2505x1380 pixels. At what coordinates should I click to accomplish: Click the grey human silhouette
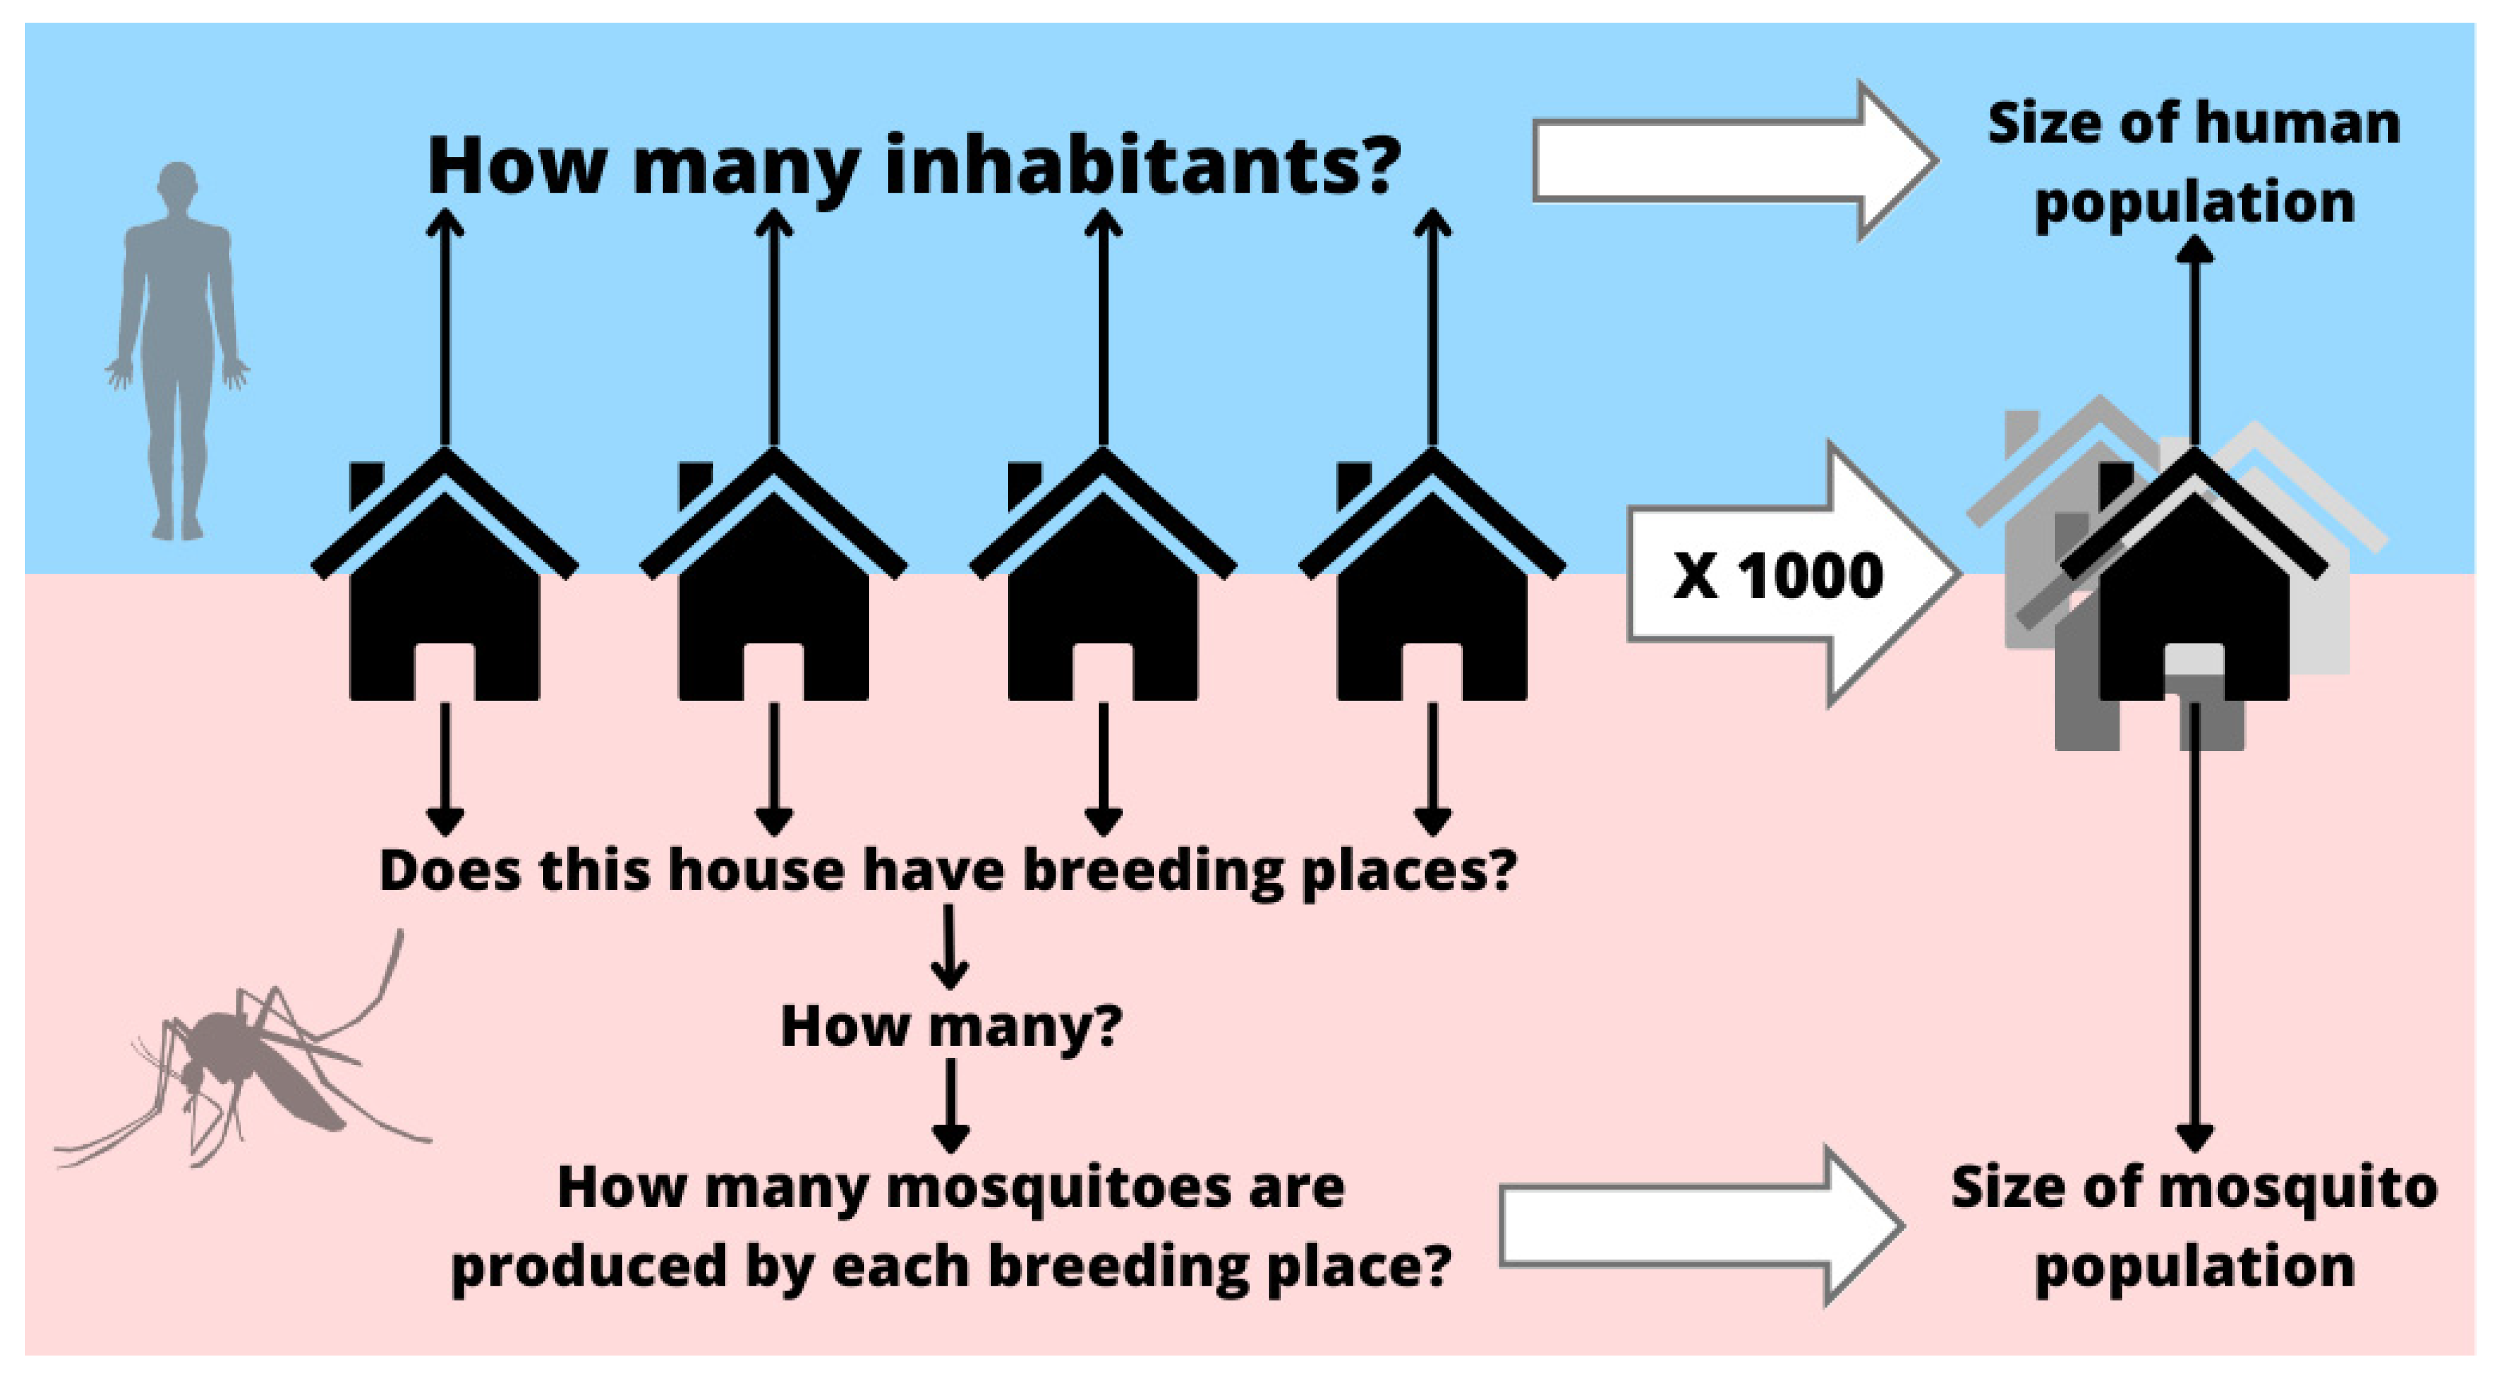tap(178, 350)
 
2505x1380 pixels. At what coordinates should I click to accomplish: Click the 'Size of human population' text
tap(2194, 163)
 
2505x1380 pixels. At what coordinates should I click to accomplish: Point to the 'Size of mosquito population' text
tap(2194, 1227)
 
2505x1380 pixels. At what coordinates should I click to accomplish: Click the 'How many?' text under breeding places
tap(951, 1027)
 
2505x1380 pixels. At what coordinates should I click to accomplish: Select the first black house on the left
tap(445, 574)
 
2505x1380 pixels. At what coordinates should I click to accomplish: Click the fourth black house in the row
tap(1432, 574)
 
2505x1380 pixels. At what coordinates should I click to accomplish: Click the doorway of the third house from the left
tap(1103, 671)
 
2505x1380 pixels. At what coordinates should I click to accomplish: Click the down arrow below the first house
tap(445, 769)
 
